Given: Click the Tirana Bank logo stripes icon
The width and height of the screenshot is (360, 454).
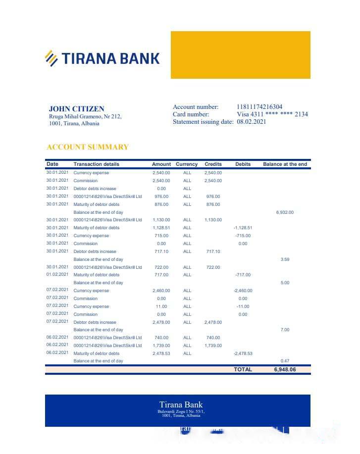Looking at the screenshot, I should (x=51, y=58).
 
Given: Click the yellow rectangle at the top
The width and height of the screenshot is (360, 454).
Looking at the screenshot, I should (x=240, y=55).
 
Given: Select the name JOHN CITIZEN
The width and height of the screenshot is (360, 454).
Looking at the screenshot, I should (x=76, y=109).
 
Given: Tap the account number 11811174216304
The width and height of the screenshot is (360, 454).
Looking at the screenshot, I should (x=259, y=107).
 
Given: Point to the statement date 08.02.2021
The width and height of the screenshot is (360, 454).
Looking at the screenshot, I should (x=251, y=122).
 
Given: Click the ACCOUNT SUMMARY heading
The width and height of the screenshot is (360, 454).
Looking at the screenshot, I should (x=88, y=147).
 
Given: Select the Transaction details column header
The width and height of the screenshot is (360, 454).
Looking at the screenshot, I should (x=96, y=164).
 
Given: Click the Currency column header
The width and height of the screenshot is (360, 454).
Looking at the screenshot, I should (x=187, y=164).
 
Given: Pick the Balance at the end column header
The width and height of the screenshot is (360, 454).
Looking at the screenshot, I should (x=285, y=164).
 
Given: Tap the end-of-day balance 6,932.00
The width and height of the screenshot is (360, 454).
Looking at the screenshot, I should (x=285, y=212).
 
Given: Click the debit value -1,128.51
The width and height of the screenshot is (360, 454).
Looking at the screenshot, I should (x=243, y=228).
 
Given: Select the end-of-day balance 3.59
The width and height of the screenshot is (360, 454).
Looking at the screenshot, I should (x=285, y=259).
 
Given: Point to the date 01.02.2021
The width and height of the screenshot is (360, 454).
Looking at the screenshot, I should (x=57, y=275).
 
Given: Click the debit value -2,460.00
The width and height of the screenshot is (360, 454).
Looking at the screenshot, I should (x=243, y=291).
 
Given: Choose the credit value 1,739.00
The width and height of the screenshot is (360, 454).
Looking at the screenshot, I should (x=213, y=346).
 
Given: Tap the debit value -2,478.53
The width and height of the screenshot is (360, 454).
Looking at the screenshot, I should (x=243, y=353).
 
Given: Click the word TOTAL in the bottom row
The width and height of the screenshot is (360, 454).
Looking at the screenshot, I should (x=243, y=369).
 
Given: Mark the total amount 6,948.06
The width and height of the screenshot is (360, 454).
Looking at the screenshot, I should (x=285, y=369).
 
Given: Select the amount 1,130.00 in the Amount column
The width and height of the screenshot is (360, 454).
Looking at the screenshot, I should (x=161, y=220).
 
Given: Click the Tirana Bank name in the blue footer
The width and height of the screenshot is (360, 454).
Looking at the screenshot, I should (x=181, y=405).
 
